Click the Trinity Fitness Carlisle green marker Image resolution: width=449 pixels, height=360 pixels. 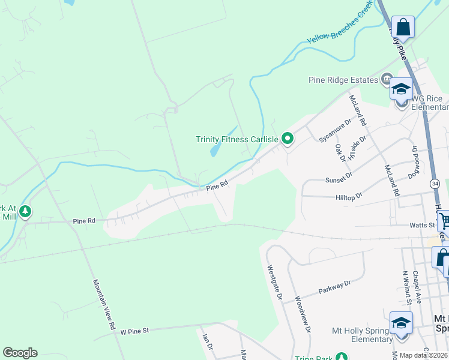(x=288, y=139)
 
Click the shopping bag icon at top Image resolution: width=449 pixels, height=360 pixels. (x=403, y=28)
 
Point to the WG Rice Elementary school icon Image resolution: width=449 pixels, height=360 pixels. (x=401, y=90)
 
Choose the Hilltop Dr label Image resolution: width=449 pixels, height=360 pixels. (x=351, y=196)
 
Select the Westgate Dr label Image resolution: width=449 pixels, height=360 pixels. (x=274, y=283)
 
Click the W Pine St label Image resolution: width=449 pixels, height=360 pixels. (x=134, y=331)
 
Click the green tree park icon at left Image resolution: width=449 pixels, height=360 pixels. (x=25, y=211)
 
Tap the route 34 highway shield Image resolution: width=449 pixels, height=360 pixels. (x=435, y=183)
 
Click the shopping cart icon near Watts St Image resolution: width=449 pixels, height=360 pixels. (x=444, y=221)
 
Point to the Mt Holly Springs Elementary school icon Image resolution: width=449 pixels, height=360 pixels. (x=401, y=323)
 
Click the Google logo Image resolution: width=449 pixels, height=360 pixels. (x=20, y=353)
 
